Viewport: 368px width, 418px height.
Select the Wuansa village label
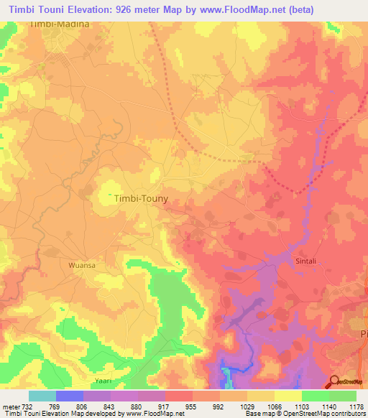(x=82, y=264)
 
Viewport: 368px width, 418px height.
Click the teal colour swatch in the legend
(x=42, y=396)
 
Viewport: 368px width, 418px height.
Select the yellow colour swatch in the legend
(x=287, y=396)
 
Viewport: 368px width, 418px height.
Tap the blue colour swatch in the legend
(x=69, y=396)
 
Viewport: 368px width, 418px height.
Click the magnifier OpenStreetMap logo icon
(x=335, y=382)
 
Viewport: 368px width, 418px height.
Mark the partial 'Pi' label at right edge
(x=362, y=335)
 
